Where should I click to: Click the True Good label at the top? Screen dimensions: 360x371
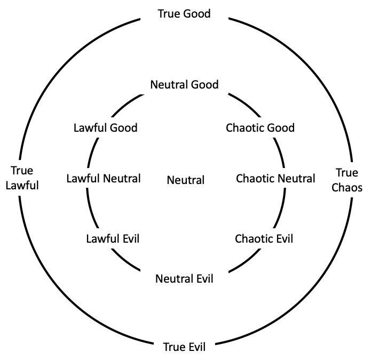click(x=184, y=13)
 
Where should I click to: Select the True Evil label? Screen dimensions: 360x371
click(x=184, y=347)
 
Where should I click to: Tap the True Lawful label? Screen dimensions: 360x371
click(x=22, y=179)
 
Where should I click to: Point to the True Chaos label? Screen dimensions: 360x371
click(x=347, y=180)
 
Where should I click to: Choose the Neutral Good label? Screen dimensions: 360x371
click(x=184, y=85)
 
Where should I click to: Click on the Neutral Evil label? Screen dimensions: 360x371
click(x=184, y=278)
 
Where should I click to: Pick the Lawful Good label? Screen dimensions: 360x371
click(x=105, y=128)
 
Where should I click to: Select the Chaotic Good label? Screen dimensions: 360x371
click(x=260, y=128)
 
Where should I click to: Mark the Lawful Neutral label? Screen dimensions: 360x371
click(x=104, y=179)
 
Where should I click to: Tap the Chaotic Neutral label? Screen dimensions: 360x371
click(x=275, y=179)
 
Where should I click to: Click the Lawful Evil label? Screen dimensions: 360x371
click(x=113, y=238)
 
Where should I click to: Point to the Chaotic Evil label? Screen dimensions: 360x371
click(x=264, y=238)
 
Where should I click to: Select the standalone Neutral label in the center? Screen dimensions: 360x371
click(x=185, y=180)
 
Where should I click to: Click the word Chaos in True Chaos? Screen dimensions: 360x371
click(x=347, y=188)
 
